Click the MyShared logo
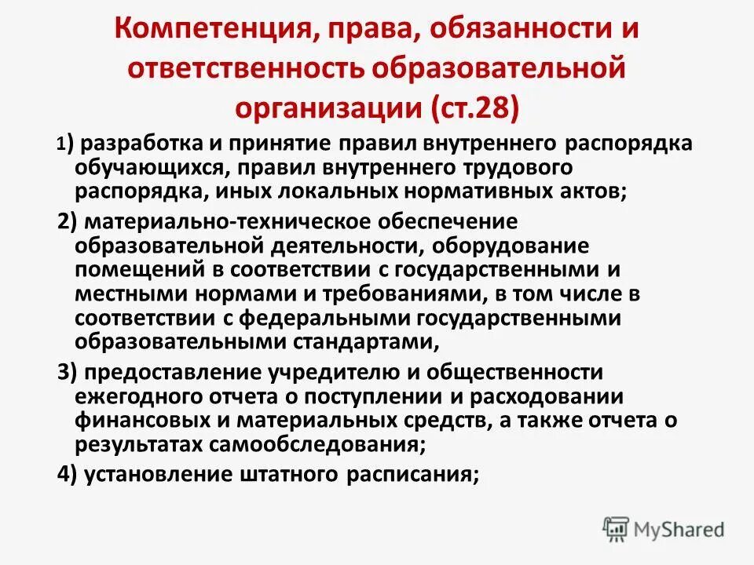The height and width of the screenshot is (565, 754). [664, 529]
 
